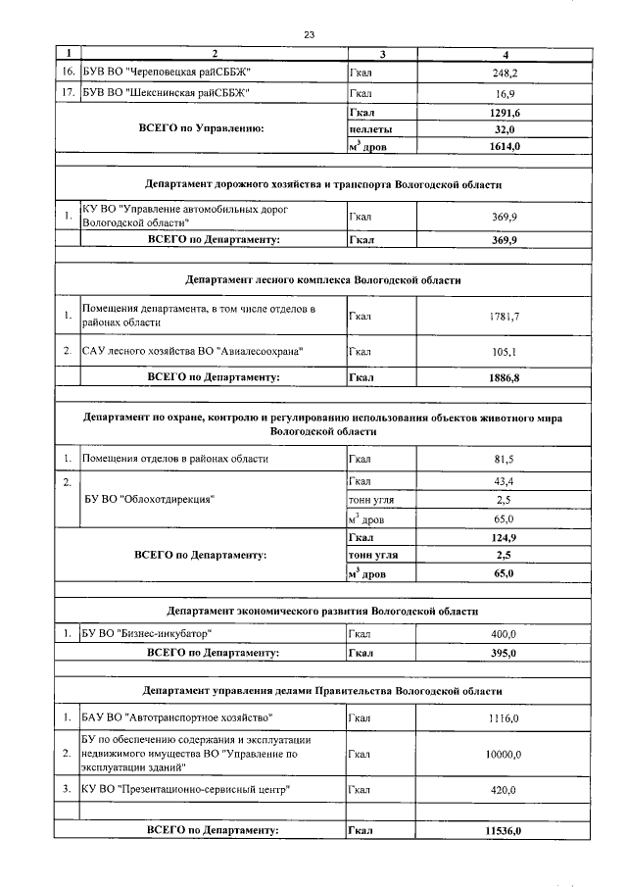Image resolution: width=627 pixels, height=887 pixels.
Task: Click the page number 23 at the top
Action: pyautogui.click(x=309, y=34)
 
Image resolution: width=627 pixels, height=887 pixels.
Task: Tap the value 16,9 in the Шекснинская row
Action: pyautogui.click(x=506, y=95)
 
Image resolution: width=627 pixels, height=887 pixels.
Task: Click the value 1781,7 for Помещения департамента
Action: pyautogui.click(x=506, y=316)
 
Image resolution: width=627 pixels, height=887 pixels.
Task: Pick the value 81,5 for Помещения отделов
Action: pyautogui.click(x=506, y=459)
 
